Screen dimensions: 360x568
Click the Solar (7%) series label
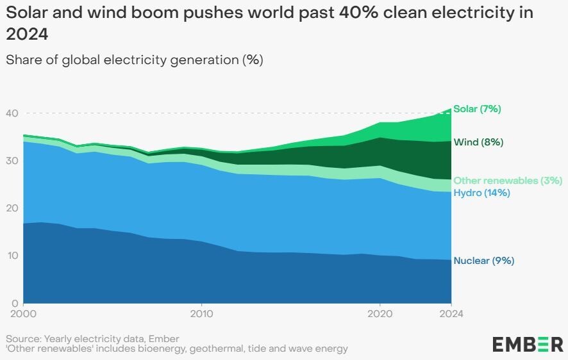tap(477, 109)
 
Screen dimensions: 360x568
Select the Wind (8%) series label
tap(478, 142)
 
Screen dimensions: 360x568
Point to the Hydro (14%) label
tap(481, 193)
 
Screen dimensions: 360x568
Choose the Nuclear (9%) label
tap(483, 261)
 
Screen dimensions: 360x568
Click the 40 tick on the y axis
tap(12, 113)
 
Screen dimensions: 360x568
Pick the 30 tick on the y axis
tap(12, 161)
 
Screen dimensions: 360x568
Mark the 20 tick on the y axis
tap(12, 208)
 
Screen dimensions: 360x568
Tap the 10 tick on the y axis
tap(12, 256)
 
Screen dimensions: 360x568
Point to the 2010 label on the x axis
tap(201, 314)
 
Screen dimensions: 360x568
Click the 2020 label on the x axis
tap(380, 314)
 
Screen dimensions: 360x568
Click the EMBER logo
tap(528, 344)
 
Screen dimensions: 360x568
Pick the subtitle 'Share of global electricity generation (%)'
tap(135, 60)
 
